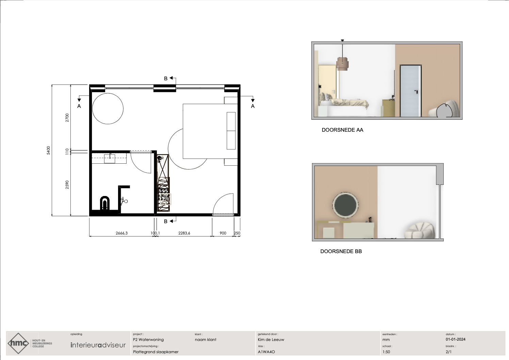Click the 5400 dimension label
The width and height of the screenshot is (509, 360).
48,150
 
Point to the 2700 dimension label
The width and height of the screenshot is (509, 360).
67,118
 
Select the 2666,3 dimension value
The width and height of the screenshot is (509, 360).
121,233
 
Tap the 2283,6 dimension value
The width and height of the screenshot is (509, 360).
184,233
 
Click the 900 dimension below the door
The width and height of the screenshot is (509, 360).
223,233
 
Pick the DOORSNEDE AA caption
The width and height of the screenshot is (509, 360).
342,130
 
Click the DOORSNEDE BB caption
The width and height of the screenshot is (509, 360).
341,251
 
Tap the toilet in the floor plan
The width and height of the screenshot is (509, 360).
105,203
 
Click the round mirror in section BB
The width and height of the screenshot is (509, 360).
345,205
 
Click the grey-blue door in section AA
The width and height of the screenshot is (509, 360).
411,91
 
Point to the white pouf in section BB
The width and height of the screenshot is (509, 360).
420,231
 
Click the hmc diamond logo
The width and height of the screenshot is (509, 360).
18,343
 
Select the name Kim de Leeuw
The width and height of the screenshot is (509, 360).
271,340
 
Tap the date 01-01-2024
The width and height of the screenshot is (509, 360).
456,339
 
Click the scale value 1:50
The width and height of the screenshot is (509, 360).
386,352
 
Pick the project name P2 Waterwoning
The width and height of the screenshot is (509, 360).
148,340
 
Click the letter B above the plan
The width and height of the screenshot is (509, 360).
166,78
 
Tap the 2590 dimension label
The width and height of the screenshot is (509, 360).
67,185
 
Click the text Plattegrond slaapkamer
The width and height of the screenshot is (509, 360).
156,352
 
